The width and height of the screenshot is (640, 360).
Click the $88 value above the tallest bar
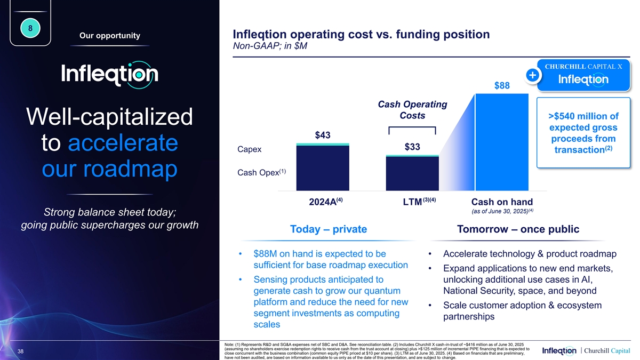pos(502,86)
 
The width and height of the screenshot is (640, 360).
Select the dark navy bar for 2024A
pos(323,168)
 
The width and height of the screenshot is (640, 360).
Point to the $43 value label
pos(322,135)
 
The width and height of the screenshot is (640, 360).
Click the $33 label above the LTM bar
pos(412,147)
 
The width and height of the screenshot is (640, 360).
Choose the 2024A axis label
pos(322,202)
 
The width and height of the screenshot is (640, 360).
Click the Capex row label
pos(250,149)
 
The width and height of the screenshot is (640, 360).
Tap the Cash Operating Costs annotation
pos(412,110)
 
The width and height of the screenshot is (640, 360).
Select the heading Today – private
pos(329,229)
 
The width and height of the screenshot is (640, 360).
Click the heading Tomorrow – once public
pos(518,229)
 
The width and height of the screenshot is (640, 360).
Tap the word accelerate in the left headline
pos(123,143)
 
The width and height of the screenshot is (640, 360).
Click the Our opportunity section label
pos(109,36)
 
